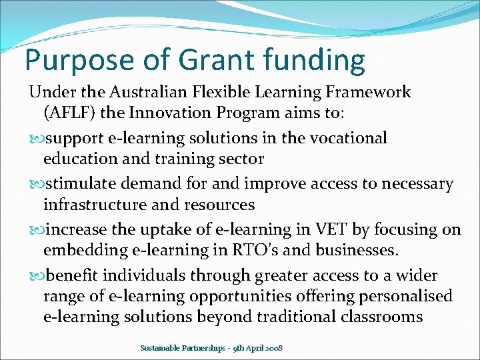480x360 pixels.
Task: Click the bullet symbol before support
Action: click(x=36, y=139)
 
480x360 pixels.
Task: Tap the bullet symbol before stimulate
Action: click(x=36, y=184)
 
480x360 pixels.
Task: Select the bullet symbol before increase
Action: click(x=36, y=230)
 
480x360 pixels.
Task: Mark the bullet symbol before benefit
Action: click(x=36, y=275)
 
